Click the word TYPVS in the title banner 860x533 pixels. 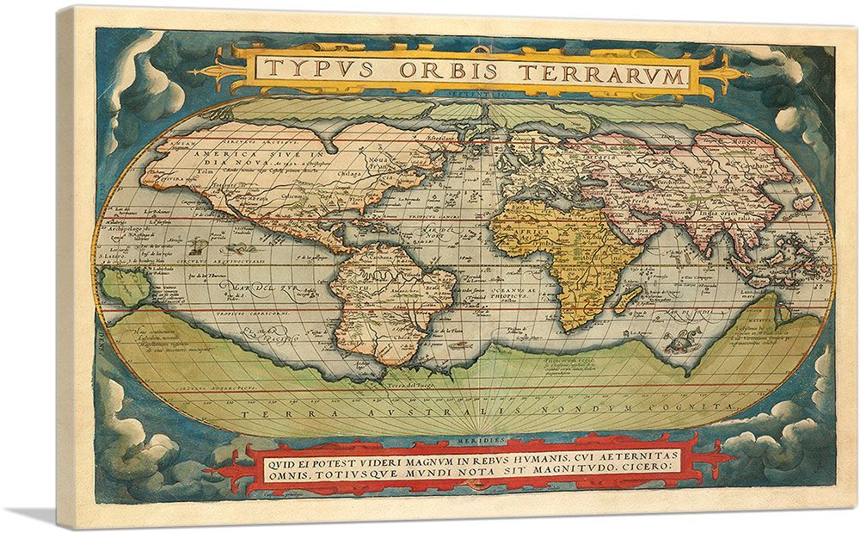click(315, 70)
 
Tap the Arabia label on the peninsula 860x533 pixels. click(637, 231)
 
